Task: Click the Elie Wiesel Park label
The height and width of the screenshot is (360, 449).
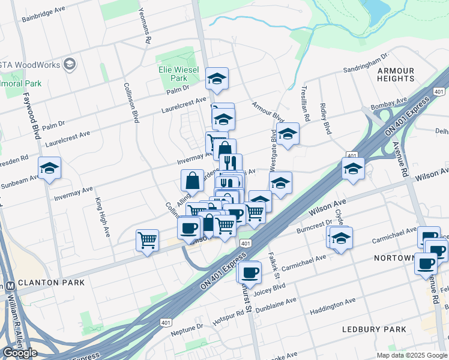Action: tap(173, 74)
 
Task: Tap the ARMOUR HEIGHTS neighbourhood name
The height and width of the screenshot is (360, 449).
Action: tap(396, 74)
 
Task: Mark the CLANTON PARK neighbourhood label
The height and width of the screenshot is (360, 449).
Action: tap(51, 281)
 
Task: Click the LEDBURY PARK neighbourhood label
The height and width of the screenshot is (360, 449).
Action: tap(374, 329)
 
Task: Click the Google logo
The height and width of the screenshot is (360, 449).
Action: tap(20, 353)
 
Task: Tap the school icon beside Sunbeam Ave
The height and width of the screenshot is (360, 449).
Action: tap(49, 169)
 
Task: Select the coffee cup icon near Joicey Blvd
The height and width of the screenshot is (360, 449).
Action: tap(250, 272)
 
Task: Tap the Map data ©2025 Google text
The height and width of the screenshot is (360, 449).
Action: tap(412, 355)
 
